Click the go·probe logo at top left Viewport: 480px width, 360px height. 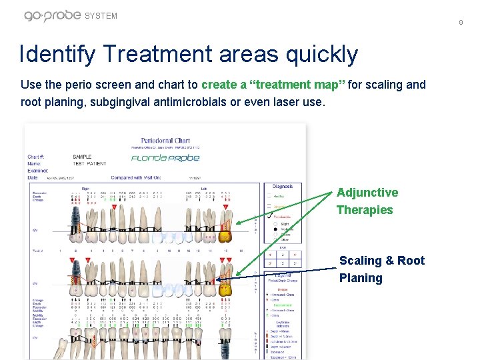pyautogui.click(x=53, y=15)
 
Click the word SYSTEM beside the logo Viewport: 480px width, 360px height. pyautogui.click(x=102, y=16)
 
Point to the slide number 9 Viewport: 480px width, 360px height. pyautogui.click(x=460, y=23)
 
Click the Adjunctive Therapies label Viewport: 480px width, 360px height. pyautogui.click(x=367, y=201)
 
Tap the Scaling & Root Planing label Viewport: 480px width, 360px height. pyautogui.click(x=381, y=269)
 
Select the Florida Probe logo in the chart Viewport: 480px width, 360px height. pyautogui.click(x=165, y=158)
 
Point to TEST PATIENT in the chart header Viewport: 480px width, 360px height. pyautogui.click(x=89, y=163)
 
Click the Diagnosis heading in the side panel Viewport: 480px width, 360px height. pyautogui.click(x=282, y=187)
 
